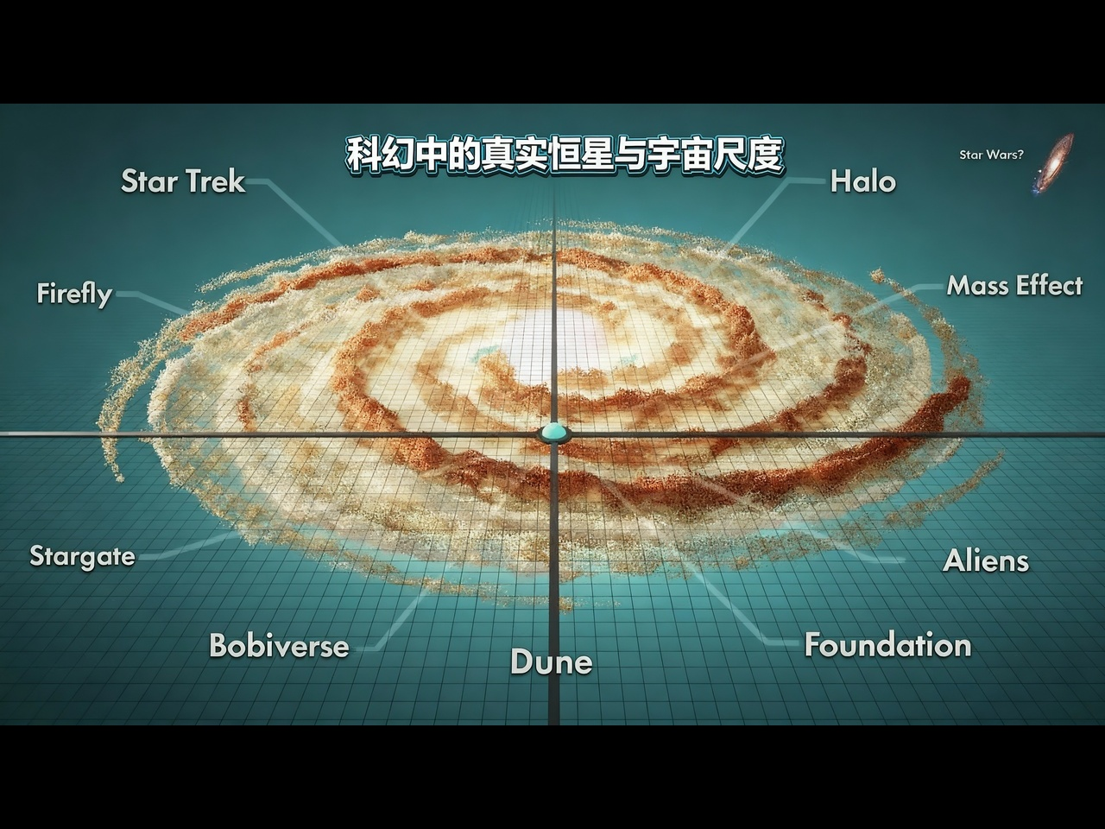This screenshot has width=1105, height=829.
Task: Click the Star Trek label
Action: (183, 181)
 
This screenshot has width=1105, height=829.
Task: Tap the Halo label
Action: (862, 181)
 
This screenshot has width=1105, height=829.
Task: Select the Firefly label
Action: (74, 294)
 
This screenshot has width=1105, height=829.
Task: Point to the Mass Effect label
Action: (1014, 286)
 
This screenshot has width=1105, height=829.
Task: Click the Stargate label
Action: (83, 555)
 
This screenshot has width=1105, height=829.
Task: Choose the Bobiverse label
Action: (279, 646)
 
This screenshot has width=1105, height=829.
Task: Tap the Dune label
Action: (551, 662)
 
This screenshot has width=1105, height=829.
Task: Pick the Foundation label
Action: (887, 645)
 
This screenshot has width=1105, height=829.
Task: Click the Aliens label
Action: (986, 561)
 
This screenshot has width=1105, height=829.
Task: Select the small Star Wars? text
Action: (991, 155)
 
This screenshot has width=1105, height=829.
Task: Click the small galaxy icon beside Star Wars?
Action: (1055, 162)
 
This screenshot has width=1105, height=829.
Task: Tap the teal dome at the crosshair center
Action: (552, 432)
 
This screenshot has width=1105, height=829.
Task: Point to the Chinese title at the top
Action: (565, 155)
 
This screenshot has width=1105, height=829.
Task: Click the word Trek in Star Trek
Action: (215, 181)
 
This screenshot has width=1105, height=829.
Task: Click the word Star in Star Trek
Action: (148, 181)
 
